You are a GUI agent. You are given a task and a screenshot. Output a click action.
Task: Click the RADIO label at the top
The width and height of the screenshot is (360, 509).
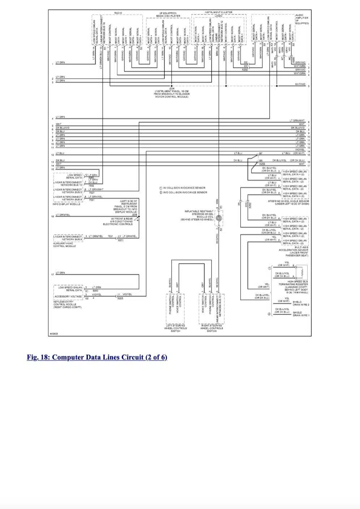point(118,13)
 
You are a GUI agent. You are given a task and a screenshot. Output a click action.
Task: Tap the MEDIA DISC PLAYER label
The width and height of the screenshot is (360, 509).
point(168,16)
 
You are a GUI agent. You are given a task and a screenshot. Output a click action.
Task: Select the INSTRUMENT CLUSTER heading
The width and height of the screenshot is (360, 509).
point(218,12)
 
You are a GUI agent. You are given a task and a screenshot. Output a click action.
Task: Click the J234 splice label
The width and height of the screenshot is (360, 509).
point(172,88)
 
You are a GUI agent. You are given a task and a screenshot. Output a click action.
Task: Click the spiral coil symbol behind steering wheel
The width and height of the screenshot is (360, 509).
point(219,218)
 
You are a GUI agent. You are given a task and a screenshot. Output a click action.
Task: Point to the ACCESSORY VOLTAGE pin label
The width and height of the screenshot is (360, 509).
point(68,296)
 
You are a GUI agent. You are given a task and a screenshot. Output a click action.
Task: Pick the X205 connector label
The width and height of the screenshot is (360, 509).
point(120,298)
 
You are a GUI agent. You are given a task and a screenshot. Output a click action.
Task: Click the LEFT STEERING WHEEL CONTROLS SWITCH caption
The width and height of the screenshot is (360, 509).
point(175,328)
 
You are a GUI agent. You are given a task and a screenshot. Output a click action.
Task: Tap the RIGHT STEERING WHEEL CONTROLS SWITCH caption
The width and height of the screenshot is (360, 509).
point(212,328)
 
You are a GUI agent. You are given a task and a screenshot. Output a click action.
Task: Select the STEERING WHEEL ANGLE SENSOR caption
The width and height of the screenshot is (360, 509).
point(288,202)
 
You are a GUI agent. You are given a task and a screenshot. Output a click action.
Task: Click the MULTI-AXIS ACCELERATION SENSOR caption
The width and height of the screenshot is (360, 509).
point(293,251)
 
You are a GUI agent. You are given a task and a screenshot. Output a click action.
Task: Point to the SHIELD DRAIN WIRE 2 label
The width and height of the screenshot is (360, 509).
point(301,303)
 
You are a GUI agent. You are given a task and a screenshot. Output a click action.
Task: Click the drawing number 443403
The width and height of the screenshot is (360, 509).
point(54,334)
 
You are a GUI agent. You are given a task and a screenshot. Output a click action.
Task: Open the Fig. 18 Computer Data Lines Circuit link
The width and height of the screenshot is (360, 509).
point(97,358)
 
